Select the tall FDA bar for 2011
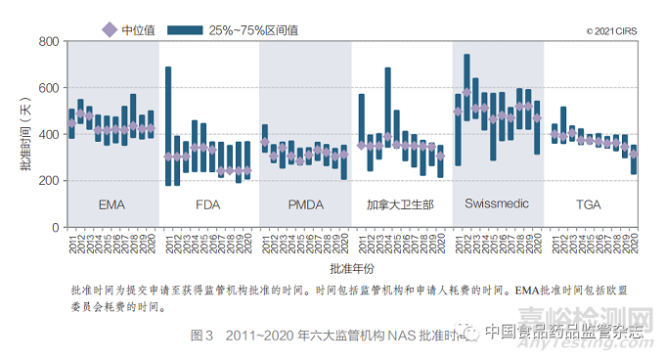click(168, 126)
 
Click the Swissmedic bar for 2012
click(466, 88)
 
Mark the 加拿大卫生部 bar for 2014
click(388, 105)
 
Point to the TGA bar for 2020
click(634, 159)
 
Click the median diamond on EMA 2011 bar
click(71, 123)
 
